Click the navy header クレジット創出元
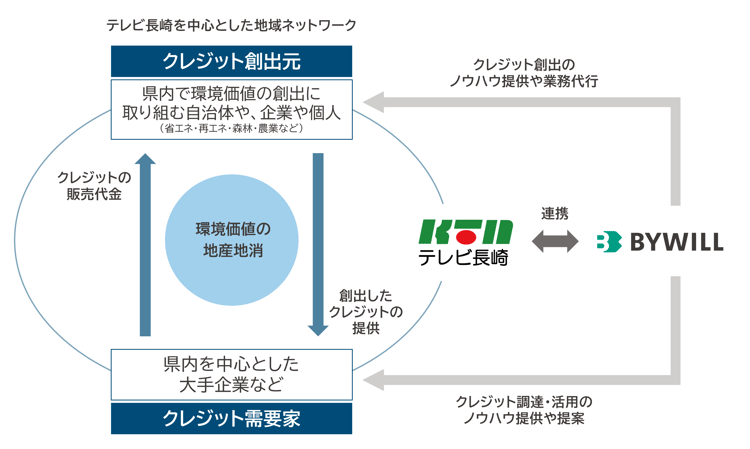(x=231, y=58)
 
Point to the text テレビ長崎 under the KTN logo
(x=464, y=258)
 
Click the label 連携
(x=554, y=213)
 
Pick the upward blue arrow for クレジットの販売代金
(x=146, y=244)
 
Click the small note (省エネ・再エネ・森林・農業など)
(x=231, y=129)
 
